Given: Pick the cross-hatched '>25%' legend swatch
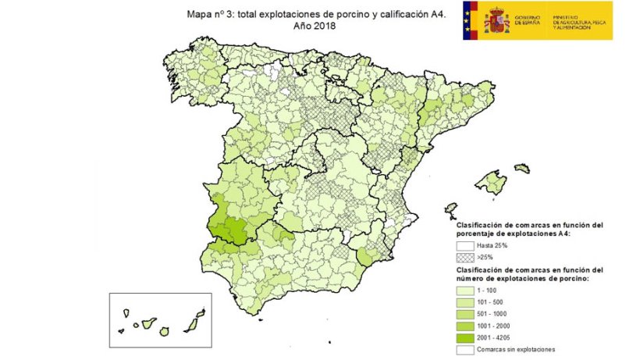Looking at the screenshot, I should [x=465, y=257].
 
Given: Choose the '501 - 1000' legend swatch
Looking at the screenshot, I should [x=465, y=312].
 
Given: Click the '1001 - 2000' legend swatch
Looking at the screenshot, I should [x=465, y=325].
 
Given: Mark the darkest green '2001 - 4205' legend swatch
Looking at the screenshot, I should [x=465, y=337].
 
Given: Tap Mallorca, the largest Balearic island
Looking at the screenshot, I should [x=492, y=184].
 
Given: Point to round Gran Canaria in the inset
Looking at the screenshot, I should [x=165, y=331].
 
